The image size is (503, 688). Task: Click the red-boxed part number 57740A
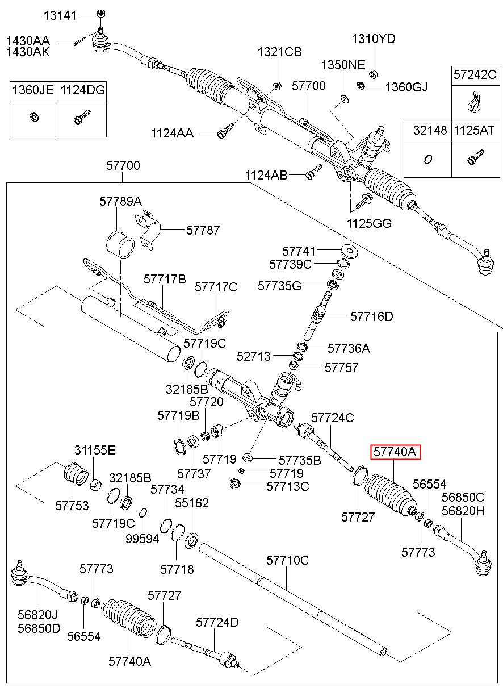point(395,452)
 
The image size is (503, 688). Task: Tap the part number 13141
point(60,15)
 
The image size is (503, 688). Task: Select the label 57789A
point(120,202)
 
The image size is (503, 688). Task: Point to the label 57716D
point(372,316)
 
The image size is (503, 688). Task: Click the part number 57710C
point(288,561)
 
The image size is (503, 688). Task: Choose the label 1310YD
point(374,39)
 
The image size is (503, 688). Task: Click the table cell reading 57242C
point(475,74)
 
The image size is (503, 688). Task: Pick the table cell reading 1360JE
point(33,90)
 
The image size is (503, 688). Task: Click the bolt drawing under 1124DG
point(82,116)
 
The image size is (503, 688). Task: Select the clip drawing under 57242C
point(474,102)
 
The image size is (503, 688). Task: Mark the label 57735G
point(279,286)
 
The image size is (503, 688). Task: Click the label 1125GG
point(369,223)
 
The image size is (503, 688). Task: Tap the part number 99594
point(142,539)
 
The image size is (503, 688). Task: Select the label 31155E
point(95,451)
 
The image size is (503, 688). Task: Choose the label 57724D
point(217,622)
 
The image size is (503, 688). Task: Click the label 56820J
point(37,615)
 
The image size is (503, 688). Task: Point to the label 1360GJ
point(406,87)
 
